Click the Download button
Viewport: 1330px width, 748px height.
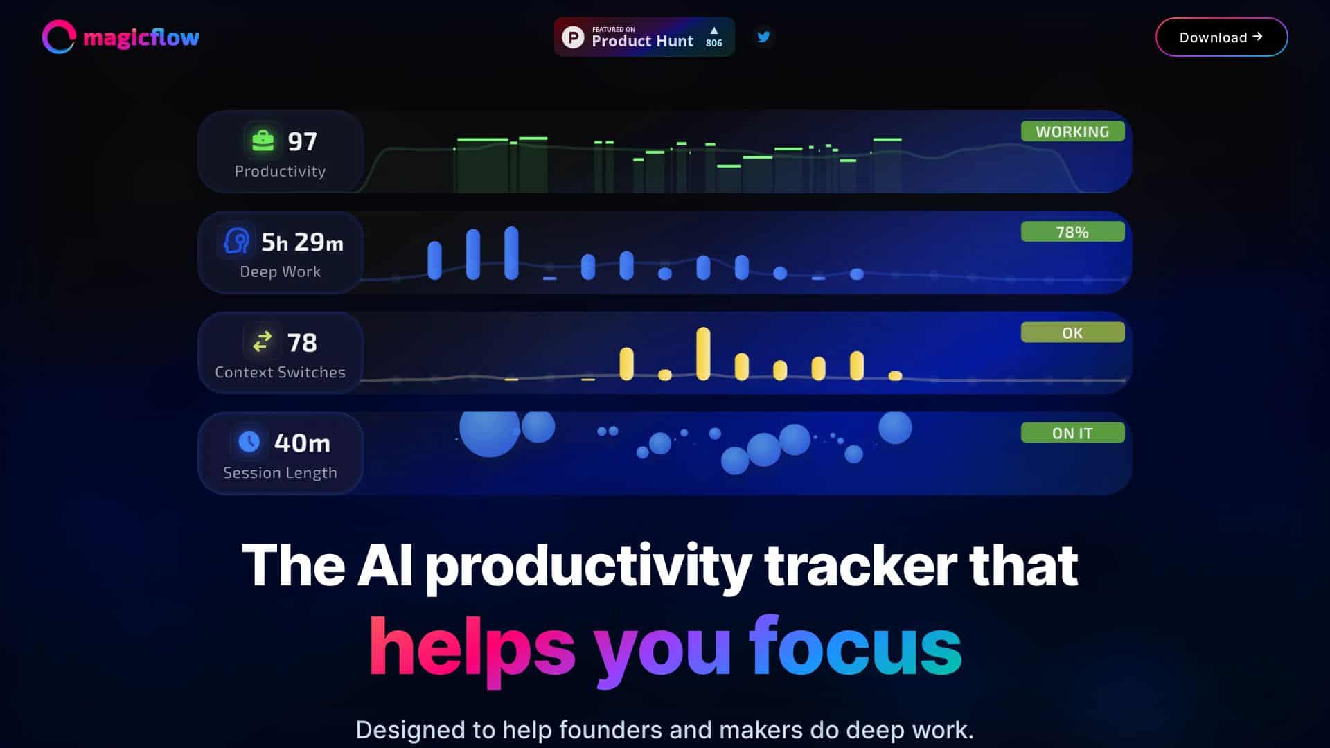click(1221, 37)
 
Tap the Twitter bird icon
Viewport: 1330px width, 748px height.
click(763, 37)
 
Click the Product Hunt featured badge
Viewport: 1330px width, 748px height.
click(643, 37)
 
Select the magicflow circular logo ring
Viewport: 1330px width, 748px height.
click(58, 37)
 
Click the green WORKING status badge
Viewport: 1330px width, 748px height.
click(1072, 132)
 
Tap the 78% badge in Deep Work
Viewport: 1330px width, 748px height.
click(1072, 232)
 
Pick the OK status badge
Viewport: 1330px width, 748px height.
click(1072, 332)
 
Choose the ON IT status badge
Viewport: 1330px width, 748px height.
click(1072, 433)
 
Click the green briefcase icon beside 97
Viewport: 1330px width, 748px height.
click(263, 141)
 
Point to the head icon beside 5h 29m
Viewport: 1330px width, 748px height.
click(236, 242)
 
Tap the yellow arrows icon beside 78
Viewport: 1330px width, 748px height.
click(263, 342)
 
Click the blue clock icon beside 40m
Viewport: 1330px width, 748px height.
click(249, 442)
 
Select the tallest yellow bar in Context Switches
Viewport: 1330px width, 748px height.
click(703, 353)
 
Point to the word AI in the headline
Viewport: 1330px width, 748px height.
click(385, 565)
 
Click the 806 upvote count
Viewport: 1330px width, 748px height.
click(713, 43)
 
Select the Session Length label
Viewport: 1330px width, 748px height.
click(280, 472)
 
